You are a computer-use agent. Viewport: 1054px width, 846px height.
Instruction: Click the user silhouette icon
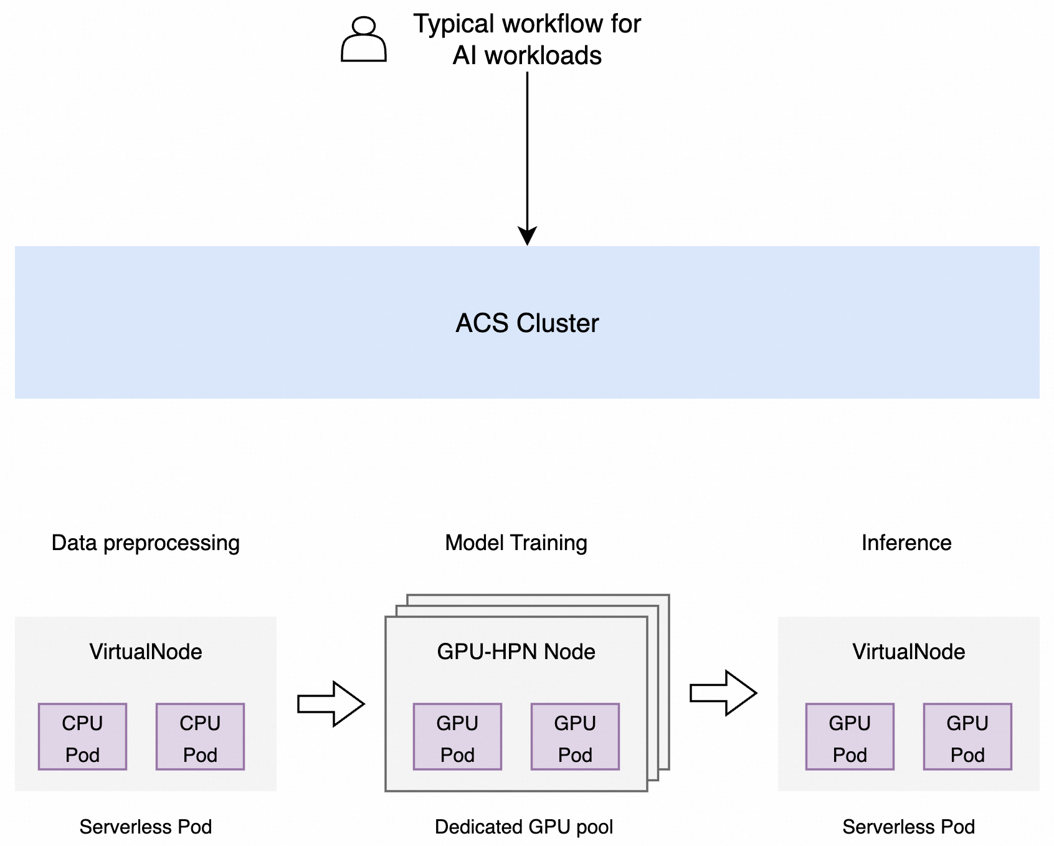pos(364,39)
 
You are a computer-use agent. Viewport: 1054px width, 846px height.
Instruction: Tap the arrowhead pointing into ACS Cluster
pos(527,236)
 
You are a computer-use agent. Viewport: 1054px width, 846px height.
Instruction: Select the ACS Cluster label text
pos(527,323)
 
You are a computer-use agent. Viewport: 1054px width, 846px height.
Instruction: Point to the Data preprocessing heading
pos(145,543)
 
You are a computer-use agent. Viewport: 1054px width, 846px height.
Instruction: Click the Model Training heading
pos(516,543)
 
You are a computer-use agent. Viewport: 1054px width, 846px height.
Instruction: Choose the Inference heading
pos(906,543)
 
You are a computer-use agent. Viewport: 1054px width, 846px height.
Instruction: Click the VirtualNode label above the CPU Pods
pos(145,652)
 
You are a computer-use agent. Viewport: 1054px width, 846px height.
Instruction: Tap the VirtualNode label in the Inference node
pos(908,652)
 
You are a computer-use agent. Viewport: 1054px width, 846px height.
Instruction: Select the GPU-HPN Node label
pos(516,652)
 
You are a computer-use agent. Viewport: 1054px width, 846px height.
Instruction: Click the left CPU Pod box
pos(82,737)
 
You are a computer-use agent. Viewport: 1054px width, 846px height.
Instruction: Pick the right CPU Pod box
pos(200,737)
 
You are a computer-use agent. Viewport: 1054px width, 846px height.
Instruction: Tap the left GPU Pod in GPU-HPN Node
pos(457,737)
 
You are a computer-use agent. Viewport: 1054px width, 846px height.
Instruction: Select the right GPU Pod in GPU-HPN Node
pos(575,737)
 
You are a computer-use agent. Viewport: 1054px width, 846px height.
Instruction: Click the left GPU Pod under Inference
pos(850,737)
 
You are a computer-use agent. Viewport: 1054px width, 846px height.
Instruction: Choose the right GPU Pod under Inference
pos(967,737)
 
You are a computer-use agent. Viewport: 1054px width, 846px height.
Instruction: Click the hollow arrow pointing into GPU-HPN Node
pos(331,704)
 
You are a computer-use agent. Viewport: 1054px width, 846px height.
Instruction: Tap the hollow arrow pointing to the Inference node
pos(723,693)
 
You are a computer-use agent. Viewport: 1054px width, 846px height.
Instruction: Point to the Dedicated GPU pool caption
pos(524,827)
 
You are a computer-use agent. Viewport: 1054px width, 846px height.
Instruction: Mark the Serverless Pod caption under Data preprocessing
pos(145,827)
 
